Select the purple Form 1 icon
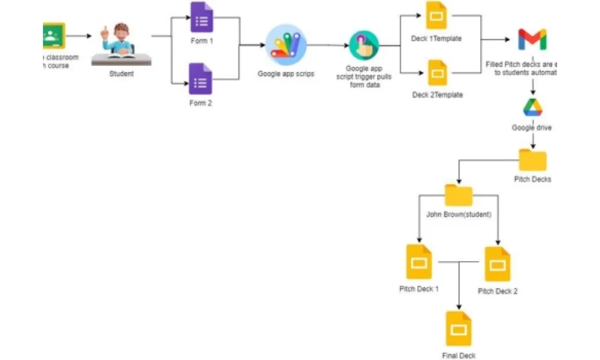201,17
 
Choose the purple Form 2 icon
201,79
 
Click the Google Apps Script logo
286,45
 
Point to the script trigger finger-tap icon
364,46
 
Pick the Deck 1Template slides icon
436,15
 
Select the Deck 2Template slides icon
436,73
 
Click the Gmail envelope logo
532,39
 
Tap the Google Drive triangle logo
532,107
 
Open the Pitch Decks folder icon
532,160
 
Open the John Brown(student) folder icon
458,196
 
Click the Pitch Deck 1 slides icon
419,262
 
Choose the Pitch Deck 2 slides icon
497,264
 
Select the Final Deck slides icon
458,328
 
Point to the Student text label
121,73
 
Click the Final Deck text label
458,355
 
